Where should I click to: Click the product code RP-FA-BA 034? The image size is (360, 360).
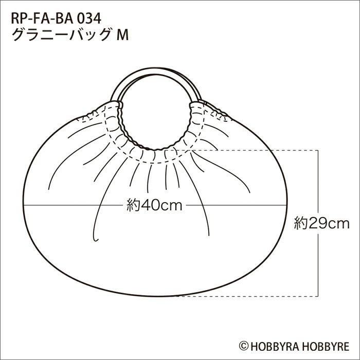[x=56, y=19]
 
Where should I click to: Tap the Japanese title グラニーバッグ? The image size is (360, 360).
[x=61, y=35]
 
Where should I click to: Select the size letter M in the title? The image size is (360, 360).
[x=122, y=35]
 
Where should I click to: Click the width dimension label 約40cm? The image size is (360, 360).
[x=154, y=205]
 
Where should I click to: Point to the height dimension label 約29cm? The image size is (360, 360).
[x=321, y=223]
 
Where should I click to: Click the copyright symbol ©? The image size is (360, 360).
[x=244, y=346]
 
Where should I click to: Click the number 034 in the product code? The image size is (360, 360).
[x=89, y=19]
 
